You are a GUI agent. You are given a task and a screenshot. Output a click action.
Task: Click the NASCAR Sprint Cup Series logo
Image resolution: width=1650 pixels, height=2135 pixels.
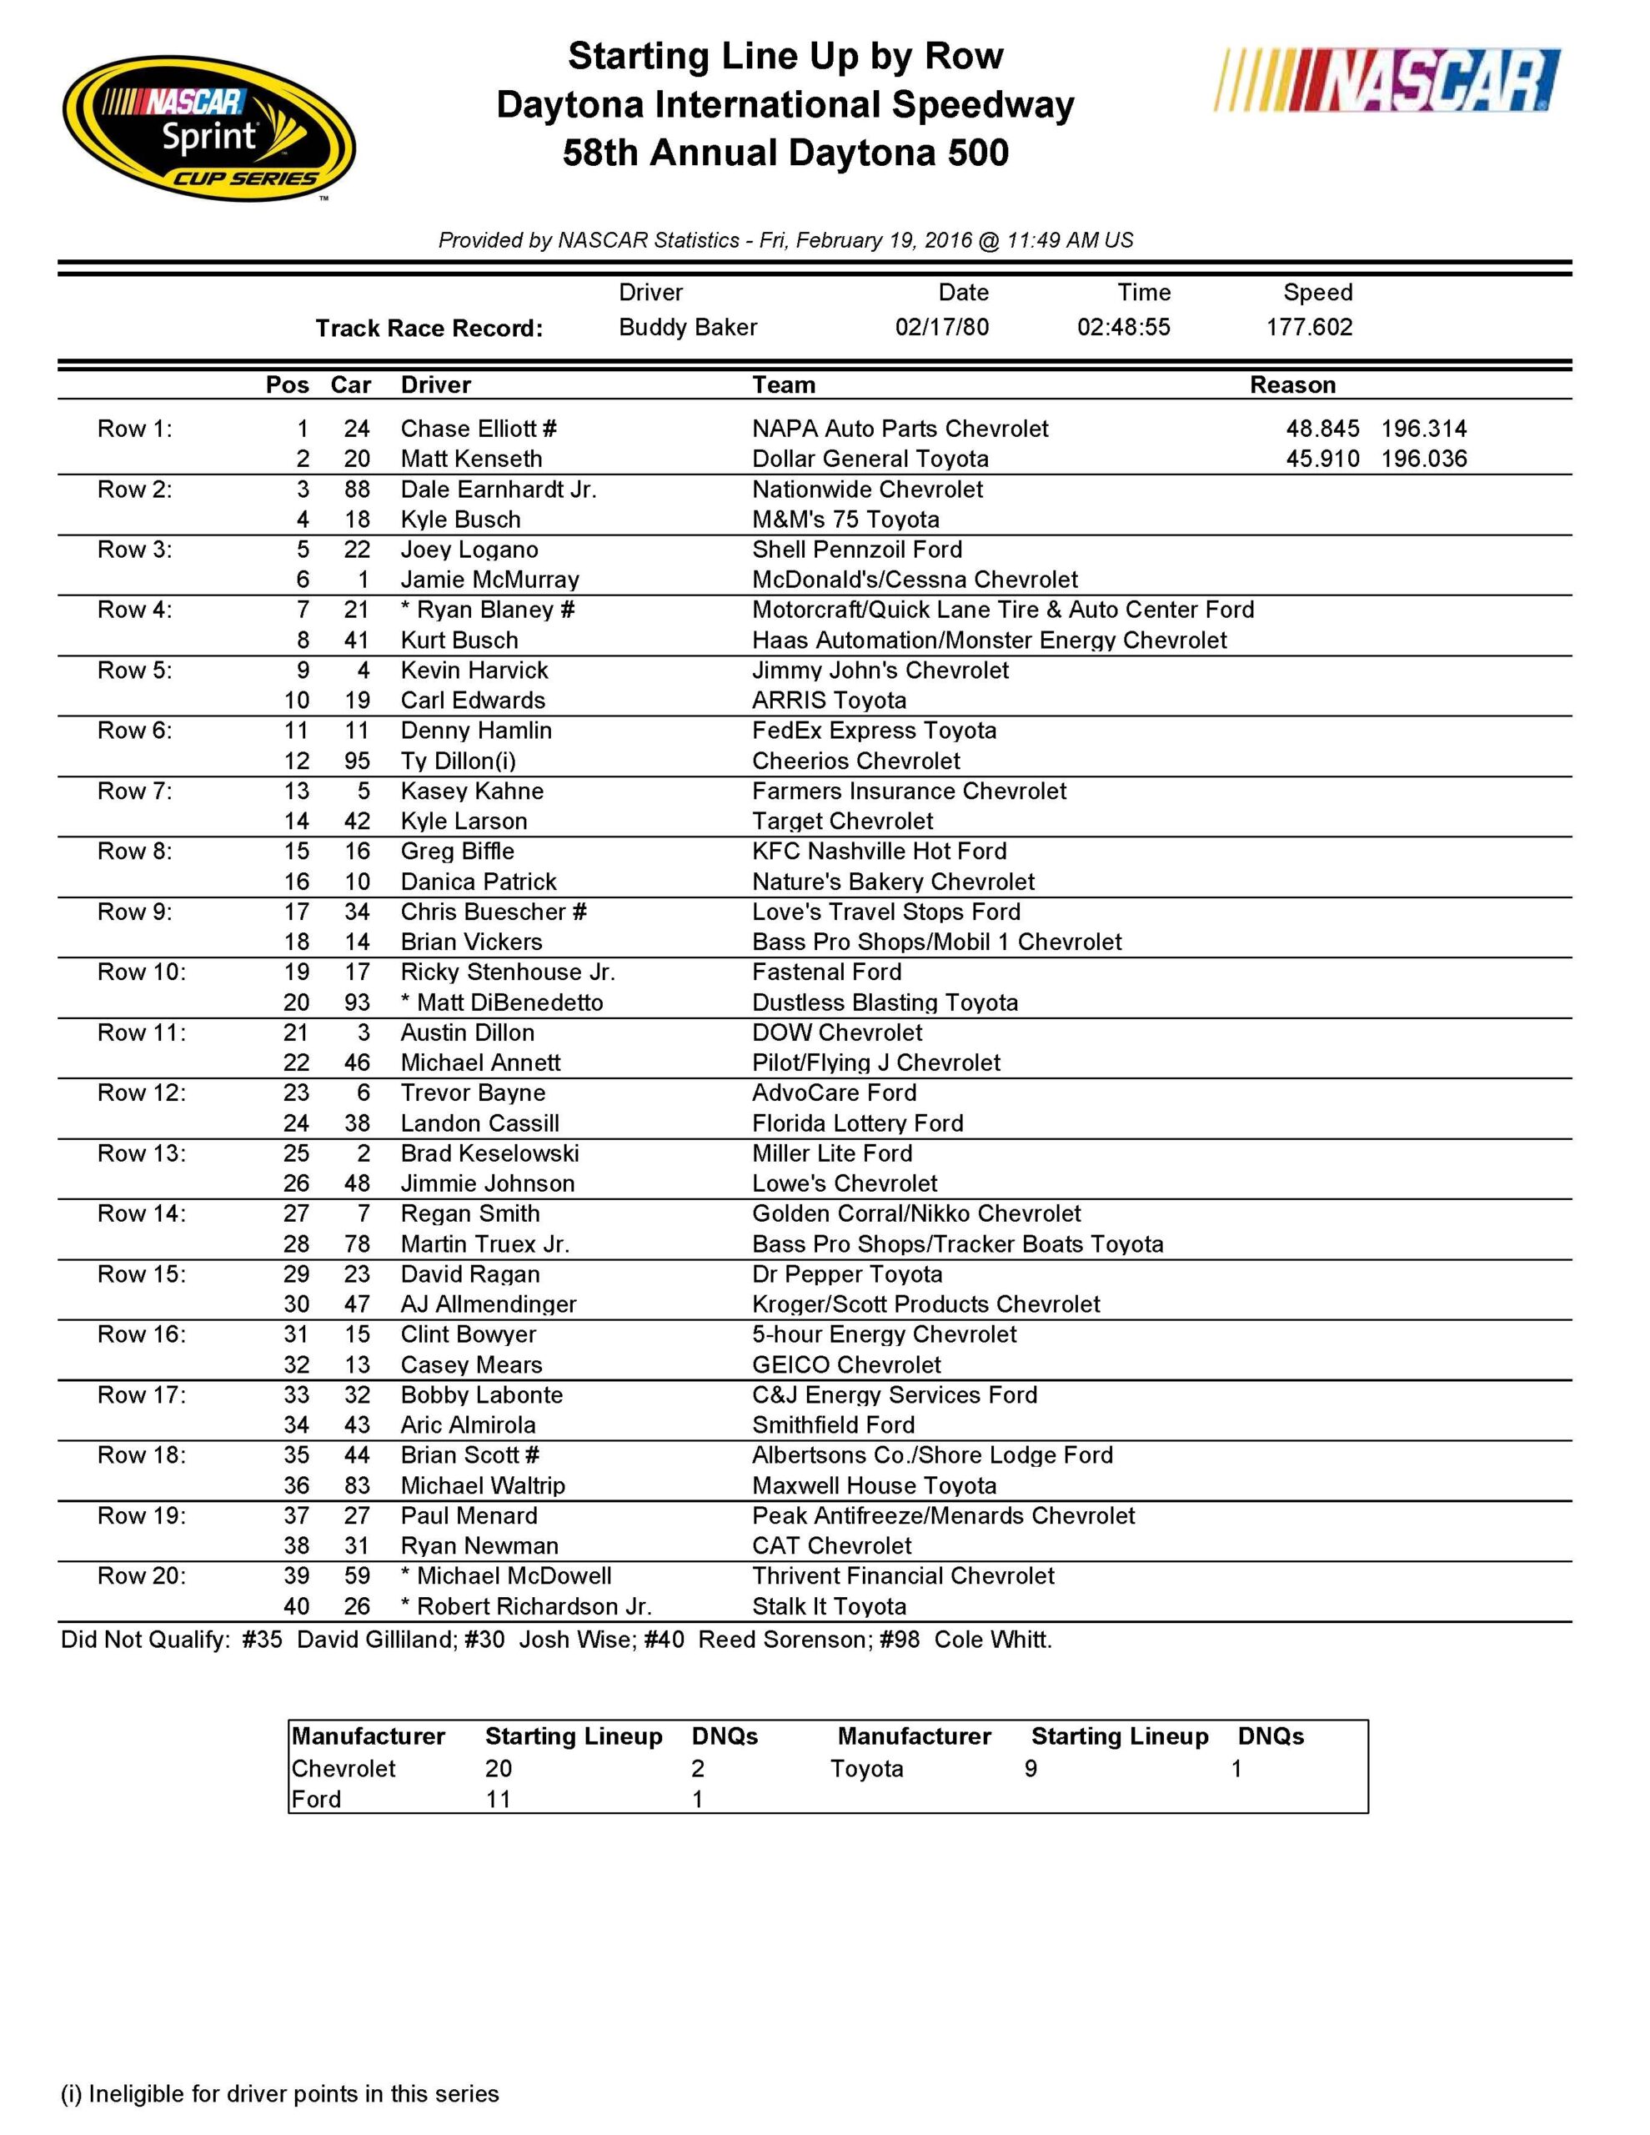209,128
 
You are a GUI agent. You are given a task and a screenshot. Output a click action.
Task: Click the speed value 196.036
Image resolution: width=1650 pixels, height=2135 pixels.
1423,459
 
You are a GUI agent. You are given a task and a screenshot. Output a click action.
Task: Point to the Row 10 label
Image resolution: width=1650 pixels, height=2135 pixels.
141,972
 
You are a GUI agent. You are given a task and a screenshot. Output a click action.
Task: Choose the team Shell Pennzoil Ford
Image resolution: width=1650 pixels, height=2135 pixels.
856,550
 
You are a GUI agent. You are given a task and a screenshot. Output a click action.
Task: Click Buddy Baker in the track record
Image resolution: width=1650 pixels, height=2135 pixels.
687,327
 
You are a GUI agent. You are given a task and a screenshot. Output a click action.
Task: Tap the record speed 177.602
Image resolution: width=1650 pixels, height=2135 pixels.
1309,327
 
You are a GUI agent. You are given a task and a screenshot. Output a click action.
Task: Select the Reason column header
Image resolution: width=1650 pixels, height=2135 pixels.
1292,384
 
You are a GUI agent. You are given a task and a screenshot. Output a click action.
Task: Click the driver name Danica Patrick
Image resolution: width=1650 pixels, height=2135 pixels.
478,882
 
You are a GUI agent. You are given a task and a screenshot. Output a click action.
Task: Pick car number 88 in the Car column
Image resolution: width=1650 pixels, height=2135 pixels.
357,489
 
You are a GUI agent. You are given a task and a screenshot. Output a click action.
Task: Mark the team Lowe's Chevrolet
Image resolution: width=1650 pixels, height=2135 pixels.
844,1183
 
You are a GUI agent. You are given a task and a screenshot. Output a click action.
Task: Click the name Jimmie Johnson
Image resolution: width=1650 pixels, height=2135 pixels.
487,1183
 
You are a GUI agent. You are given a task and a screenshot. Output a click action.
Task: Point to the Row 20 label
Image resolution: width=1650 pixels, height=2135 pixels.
141,1576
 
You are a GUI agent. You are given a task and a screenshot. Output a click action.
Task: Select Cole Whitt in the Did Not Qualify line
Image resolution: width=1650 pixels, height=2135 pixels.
992,1640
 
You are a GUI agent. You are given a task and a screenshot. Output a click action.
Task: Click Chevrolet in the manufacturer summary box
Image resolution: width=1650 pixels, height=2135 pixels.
344,1768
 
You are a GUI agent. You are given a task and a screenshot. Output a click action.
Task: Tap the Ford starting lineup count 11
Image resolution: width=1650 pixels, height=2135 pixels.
499,1799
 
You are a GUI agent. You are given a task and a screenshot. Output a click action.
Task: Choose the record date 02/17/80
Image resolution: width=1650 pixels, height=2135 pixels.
941,327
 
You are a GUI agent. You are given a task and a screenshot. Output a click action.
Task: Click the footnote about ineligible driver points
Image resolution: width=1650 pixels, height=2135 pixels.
279,2093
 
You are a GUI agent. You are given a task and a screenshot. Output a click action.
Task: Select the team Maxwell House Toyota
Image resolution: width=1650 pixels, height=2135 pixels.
874,1485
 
